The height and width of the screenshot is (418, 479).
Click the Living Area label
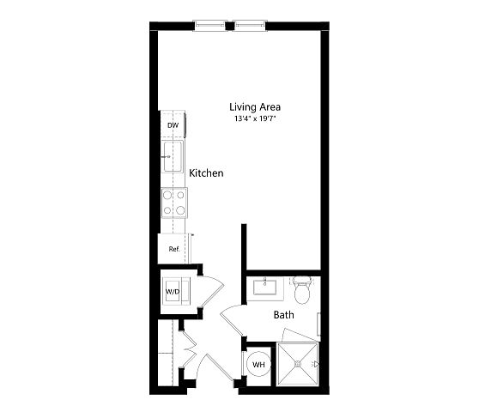coord(255,107)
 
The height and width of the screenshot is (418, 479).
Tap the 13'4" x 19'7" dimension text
coord(255,118)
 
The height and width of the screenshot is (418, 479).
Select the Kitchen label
coord(206,173)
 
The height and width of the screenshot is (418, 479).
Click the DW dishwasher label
coord(173,125)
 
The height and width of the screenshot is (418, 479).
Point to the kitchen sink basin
coord(173,156)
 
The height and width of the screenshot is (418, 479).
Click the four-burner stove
coord(174,203)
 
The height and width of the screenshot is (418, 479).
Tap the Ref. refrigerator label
coord(174,249)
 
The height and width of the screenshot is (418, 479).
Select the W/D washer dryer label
coord(173,292)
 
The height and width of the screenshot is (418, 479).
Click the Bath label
coord(284,315)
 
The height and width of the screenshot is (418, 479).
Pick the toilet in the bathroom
coord(302,290)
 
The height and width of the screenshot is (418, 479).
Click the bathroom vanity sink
coord(265,287)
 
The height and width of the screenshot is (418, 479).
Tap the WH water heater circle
coord(258,364)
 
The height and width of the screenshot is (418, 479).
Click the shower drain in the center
coord(298,364)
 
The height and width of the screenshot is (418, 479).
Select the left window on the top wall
coord(209,26)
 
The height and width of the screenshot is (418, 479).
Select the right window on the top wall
coord(250,26)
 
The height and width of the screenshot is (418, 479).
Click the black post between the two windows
coord(230,26)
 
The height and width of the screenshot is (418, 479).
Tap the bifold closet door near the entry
coord(189,348)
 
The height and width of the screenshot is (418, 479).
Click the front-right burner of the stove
coord(180,210)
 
